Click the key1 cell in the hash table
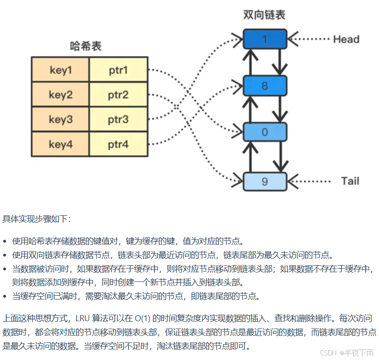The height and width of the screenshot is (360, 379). pos(60,70)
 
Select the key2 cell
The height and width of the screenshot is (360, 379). pos(60,95)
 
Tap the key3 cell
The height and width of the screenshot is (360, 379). pos(60,120)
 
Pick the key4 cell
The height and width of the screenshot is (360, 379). pos(60,145)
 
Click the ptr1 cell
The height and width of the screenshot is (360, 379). pos(119,70)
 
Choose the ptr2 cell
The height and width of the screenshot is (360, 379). pos(119,95)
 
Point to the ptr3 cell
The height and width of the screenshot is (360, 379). pos(119,120)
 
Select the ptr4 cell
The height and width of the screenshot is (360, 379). pos(119,145)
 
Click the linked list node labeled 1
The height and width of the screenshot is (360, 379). pos(265,39)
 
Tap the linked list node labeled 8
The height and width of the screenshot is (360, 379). pos(265,86)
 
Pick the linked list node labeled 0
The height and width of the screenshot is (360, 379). pos(265,132)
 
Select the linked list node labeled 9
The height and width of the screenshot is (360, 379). pos(265,181)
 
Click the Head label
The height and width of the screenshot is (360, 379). pos(346,39)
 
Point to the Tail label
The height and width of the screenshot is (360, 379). pos(350,181)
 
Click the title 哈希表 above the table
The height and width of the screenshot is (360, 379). pos(86,46)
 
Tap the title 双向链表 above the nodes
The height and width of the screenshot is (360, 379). pos(264,15)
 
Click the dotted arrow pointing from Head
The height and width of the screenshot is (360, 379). pos(309,39)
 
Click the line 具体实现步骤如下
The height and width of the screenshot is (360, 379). pos(37,219)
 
